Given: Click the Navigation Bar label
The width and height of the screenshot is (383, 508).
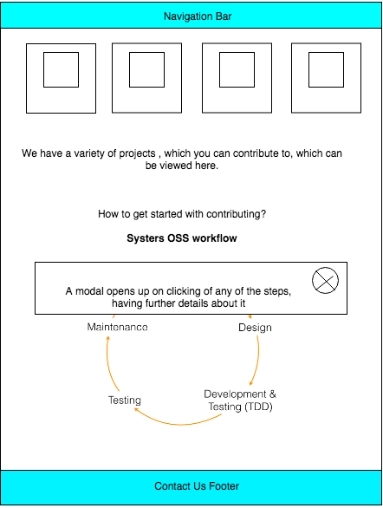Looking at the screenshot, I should click(198, 16).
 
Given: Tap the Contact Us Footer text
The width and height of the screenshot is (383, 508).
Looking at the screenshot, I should click(197, 486).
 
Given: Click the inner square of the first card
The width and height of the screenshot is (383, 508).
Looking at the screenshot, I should click(61, 69).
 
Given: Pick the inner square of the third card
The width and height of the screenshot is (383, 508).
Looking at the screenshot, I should click(237, 69).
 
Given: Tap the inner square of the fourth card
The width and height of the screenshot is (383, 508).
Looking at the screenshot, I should click(325, 69).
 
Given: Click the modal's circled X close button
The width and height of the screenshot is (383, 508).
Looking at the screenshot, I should click(325, 280).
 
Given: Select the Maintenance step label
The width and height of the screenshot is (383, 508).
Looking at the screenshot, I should click(117, 327).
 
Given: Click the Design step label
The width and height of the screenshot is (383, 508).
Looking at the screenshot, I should click(255, 328).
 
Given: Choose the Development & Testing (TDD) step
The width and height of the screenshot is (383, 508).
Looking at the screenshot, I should click(240, 400).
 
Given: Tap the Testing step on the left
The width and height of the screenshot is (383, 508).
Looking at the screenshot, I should click(125, 401).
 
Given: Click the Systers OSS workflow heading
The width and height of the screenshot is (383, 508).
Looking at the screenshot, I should click(182, 238).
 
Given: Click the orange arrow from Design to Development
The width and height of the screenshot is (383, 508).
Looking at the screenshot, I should click(257, 360).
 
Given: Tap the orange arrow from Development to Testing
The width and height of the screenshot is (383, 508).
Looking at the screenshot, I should click(182, 422).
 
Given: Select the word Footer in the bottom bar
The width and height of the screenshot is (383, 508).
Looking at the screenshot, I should click(223, 486).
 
